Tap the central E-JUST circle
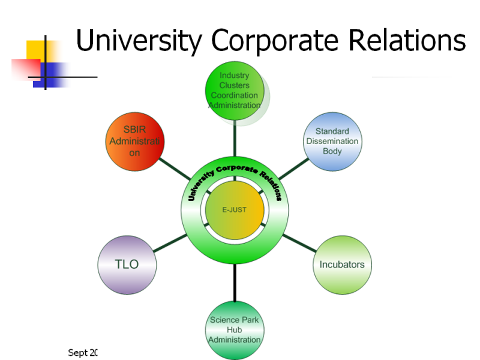point(235,210)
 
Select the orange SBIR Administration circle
point(135,141)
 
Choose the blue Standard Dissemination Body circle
point(332,141)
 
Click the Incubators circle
point(341,265)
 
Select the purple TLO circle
point(127,265)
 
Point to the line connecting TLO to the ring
point(170,243)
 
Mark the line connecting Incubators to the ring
point(299,243)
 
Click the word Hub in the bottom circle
point(235,329)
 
